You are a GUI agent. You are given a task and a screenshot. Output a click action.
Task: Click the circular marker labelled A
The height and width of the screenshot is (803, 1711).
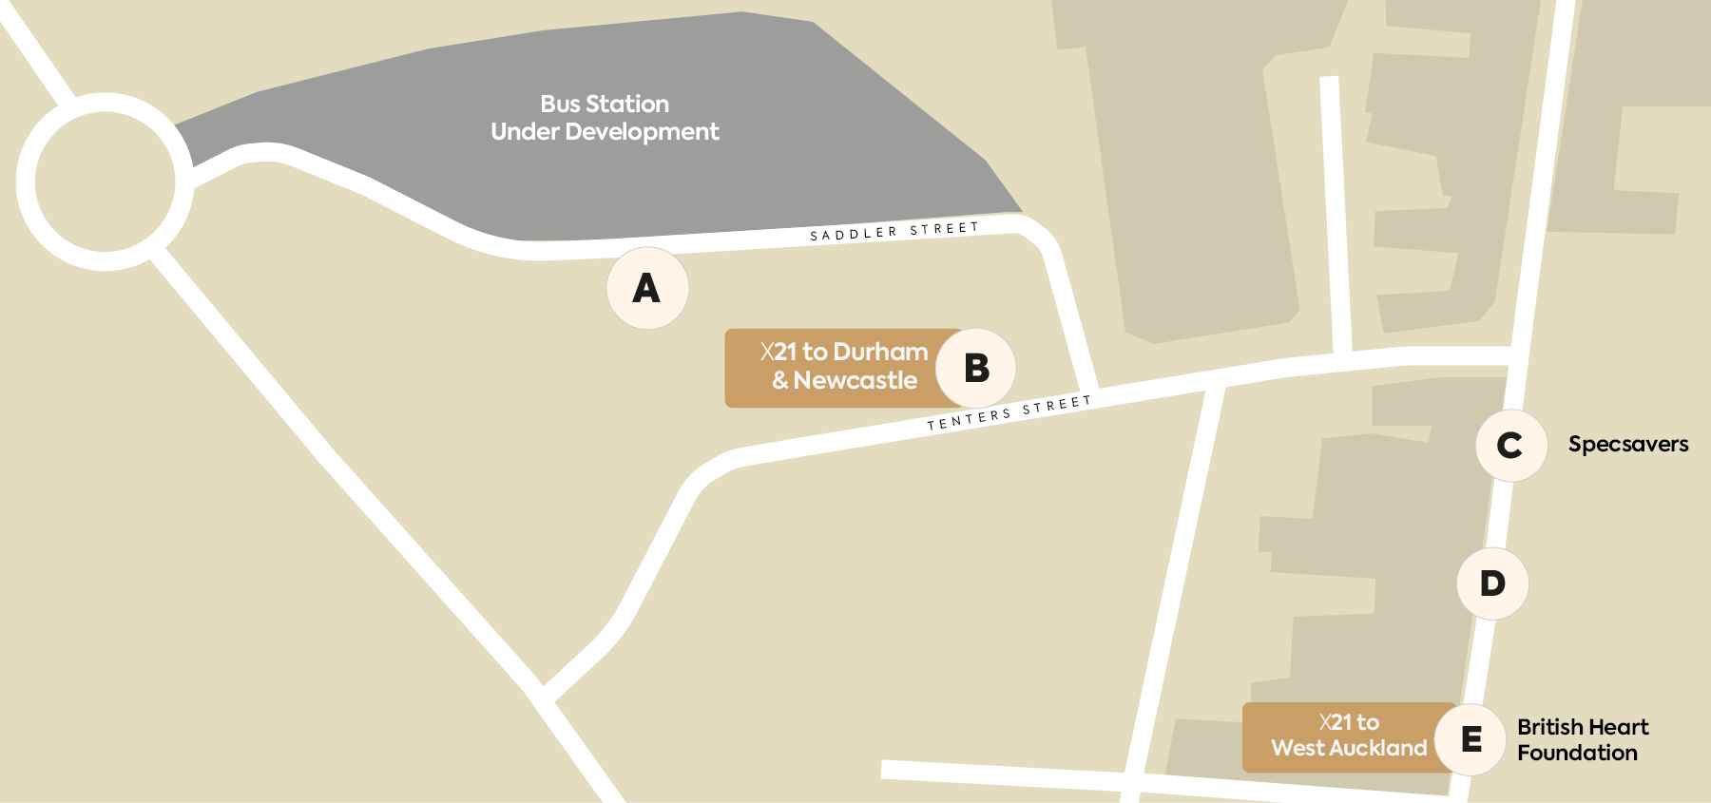647,288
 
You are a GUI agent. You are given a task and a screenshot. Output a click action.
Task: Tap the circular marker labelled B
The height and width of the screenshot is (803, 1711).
976,368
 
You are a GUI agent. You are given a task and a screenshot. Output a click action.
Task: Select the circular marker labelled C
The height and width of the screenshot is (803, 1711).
1510,445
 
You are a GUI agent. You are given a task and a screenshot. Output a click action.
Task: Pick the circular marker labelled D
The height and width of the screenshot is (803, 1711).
1492,583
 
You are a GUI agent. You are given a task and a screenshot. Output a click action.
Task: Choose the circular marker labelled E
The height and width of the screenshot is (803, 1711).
1471,738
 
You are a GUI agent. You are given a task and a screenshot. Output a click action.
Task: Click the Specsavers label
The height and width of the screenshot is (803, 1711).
1627,444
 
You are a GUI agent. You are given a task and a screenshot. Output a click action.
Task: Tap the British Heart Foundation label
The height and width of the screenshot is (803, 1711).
1582,739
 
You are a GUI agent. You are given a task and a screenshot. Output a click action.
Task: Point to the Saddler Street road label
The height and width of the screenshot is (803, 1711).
894,232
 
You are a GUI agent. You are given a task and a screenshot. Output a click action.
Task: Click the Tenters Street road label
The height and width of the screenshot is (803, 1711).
1009,412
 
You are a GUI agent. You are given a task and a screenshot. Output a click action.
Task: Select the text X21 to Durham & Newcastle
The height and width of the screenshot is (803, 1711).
844,366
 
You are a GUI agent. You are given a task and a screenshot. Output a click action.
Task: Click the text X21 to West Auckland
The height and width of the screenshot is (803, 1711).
1349,736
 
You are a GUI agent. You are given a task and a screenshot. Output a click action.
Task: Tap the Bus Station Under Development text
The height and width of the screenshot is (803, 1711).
605,118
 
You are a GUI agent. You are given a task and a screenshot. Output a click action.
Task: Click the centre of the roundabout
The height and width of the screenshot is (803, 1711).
105,182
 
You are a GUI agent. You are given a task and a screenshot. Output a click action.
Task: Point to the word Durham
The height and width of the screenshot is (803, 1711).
880,352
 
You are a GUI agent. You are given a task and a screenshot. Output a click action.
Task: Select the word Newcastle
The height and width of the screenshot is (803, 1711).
855,380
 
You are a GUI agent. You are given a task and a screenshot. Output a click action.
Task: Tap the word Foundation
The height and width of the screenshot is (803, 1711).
1577,753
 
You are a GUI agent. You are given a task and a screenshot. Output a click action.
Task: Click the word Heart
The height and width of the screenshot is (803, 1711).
1618,727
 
